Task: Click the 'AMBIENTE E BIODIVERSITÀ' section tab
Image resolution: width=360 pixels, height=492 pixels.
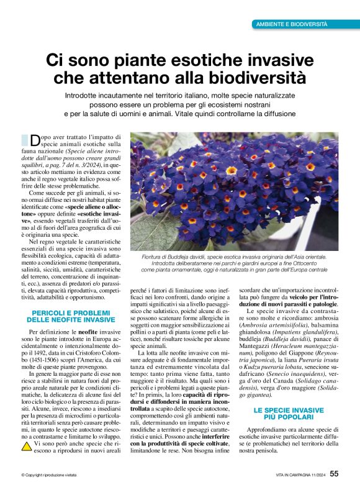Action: [292, 24]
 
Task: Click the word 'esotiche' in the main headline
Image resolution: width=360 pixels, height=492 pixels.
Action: [205, 60]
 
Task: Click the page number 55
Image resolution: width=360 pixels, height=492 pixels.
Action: [334, 474]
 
